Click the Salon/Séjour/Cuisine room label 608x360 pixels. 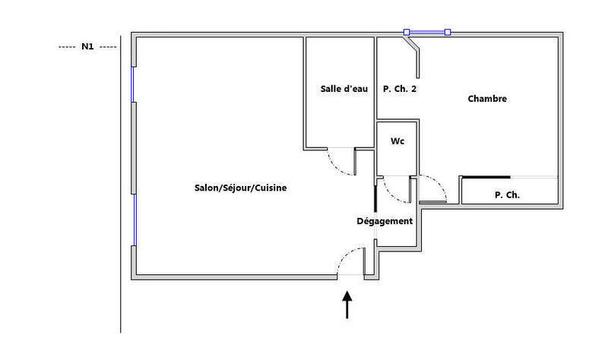(x=240, y=188)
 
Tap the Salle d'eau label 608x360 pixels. (x=344, y=89)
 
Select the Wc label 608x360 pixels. (x=397, y=141)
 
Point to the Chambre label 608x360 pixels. (x=487, y=99)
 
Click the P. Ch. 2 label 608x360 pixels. (x=400, y=89)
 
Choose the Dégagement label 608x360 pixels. (x=385, y=221)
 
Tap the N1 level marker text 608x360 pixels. (x=87, y=46)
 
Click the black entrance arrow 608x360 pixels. (x=347, y=305)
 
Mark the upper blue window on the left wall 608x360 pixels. (x=133, y=84)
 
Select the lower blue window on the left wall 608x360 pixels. (x=135, y=219)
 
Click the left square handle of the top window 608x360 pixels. (x=407, y=32)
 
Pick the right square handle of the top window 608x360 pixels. (x=448, y=32)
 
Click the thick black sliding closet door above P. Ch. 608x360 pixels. (x=486, y=177)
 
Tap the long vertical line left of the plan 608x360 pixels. (x=121, y=184)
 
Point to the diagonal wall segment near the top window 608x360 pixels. (x=411, y=43)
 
